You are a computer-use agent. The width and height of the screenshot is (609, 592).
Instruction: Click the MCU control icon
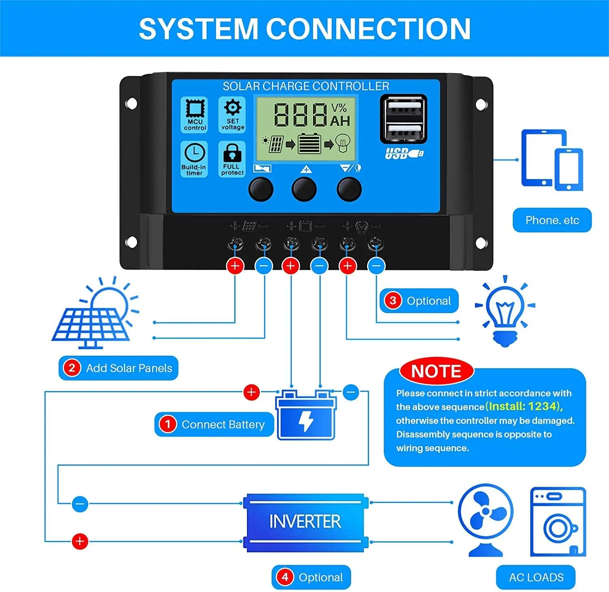(x=195, y=109)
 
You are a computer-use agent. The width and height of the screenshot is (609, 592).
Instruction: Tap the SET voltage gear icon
(x=233, y=108)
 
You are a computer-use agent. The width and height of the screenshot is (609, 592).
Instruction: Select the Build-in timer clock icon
(x=194, y=153)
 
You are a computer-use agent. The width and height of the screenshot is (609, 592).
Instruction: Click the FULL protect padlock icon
(x=232, y=153)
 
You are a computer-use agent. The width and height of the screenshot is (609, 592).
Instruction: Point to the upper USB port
(x=404, y=107)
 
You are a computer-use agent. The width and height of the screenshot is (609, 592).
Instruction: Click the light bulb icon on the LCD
(x=343, y=143)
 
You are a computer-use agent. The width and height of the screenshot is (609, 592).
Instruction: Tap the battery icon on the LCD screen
(x=309, y=144)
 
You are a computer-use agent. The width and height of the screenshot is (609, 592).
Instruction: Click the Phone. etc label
(x=552, y=220)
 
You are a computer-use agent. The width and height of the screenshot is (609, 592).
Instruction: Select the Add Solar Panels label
(x=119, y=368)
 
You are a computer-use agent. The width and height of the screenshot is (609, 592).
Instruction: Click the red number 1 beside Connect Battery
(x=168, y=424)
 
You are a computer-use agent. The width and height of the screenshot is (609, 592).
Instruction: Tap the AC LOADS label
(x=536, y=577)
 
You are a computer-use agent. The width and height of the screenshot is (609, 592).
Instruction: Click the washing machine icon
(x=558, y=522)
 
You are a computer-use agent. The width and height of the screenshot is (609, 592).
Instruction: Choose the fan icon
(x=486, y=519)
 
